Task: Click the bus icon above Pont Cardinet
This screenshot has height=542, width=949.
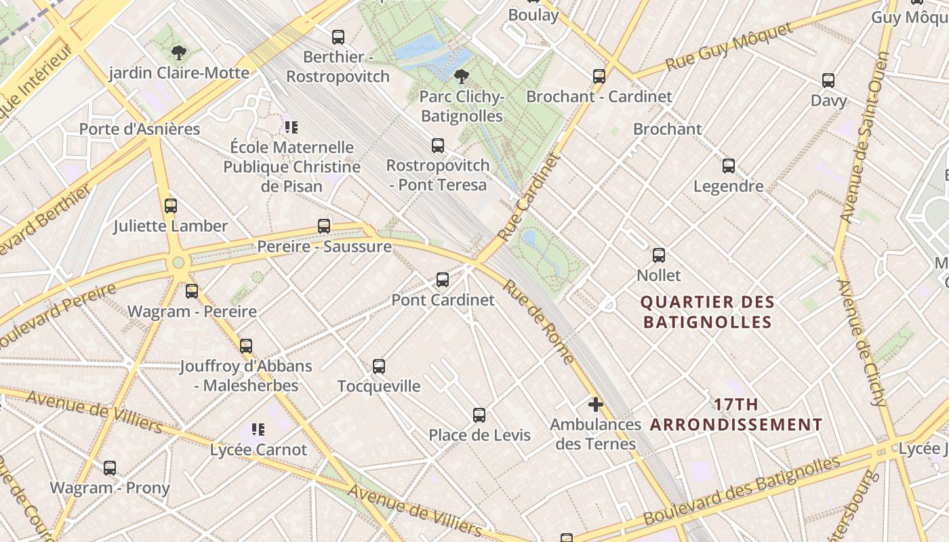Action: coord(443,279)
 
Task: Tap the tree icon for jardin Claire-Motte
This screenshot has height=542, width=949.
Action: coord(179,52)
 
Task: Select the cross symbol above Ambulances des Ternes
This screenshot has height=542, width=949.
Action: coord(595,405)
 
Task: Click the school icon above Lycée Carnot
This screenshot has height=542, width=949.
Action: coord(258,430)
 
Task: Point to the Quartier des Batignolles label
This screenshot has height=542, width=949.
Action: coord(707,312)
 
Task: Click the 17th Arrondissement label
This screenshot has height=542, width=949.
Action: coord(736,415)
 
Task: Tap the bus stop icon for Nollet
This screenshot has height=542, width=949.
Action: coord(658,255)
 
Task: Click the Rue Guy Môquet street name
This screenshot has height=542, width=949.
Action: coord(729,46)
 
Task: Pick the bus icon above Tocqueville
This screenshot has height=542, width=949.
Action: coord(379,367)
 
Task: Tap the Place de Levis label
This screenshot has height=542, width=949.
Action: coord(479,435)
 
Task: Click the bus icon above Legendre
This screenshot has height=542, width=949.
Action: coord(729,165)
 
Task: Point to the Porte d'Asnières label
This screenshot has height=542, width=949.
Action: coord(140,129)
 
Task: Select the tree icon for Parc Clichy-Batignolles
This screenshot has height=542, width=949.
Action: coord(462,76)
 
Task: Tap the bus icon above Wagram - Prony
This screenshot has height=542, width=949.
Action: coord(110,467)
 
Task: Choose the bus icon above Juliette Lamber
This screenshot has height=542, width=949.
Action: coord(171,206)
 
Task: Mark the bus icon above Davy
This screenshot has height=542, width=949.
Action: coord(828,81)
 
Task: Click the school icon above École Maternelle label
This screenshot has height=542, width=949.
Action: coord(291,127)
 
